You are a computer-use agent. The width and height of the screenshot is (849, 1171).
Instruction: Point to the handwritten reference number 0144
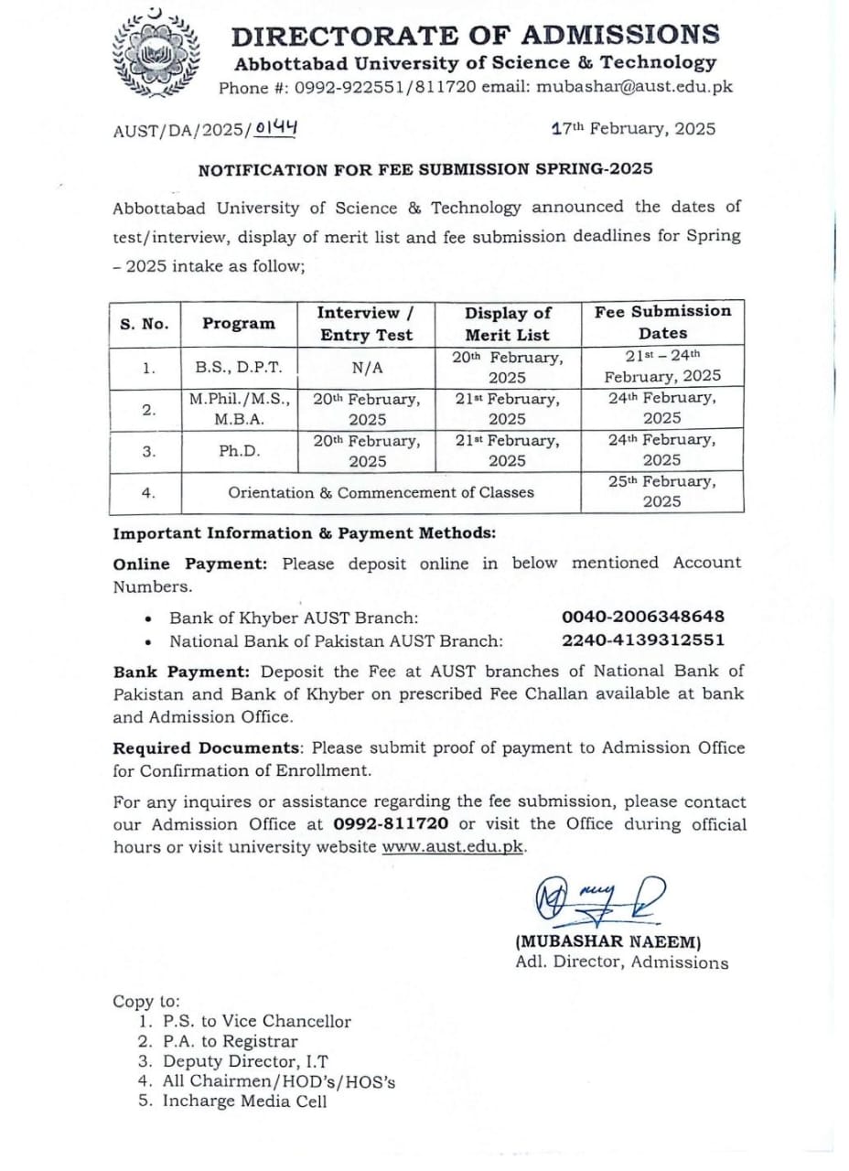click(276, 129)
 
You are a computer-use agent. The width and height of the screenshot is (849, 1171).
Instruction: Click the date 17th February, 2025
click(633, 129)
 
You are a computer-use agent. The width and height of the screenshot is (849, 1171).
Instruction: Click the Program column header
click(239, 323)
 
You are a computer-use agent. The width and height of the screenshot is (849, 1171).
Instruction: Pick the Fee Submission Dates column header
click(662, 322)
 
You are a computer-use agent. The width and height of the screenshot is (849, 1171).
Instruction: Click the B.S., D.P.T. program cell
click(239, 367)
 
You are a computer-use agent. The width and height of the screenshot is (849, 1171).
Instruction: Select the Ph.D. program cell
click(239, 451)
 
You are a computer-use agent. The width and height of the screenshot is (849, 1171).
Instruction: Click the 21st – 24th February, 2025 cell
click(662, 365)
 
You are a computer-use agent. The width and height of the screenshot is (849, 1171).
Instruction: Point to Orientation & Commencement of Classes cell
click(381, 493)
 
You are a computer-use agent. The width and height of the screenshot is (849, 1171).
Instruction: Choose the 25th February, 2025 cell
click(662, 491)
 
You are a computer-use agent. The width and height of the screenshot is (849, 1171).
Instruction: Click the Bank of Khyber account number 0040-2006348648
click(642, 617)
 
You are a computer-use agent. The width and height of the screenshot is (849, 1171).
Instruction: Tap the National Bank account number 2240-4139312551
click(642, 640)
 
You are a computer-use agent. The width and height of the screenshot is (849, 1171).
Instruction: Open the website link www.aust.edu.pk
click(453, 847)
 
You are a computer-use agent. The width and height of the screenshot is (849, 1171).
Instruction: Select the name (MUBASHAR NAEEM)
click(608, 941)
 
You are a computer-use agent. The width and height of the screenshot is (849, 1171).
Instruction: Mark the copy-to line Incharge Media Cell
click(244, 1101)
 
